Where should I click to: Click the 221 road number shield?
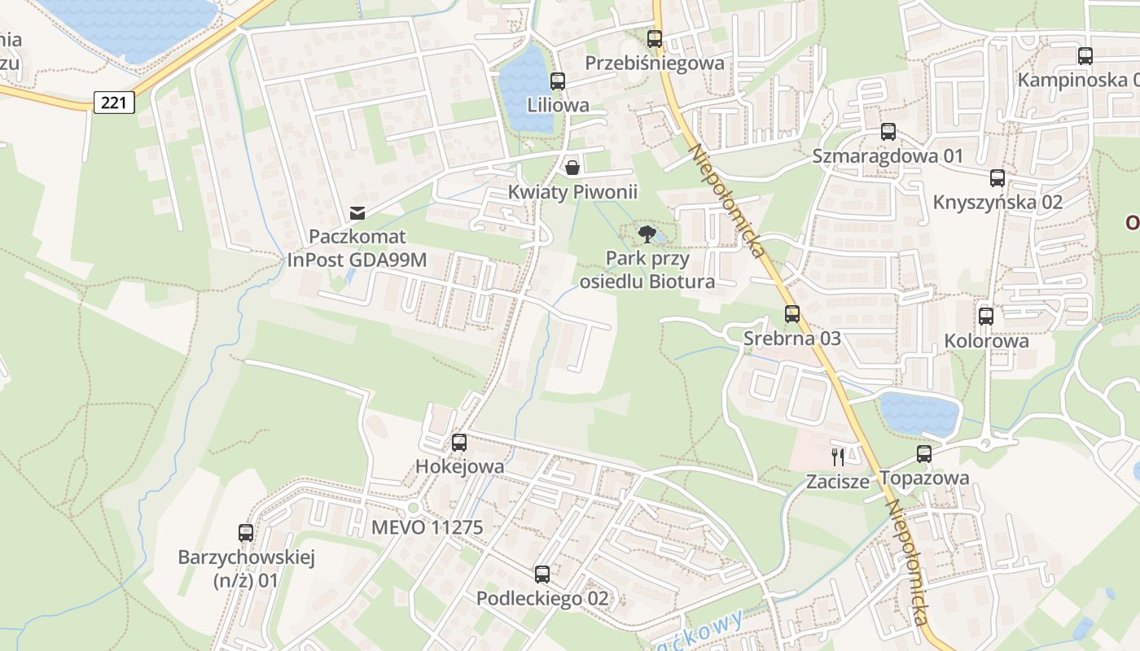[114, 103]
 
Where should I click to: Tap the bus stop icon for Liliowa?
[558, 81]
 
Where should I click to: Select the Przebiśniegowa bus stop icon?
[655, 39]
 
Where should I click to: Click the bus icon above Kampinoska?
[1085, 56]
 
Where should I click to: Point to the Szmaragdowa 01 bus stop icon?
[888, 132]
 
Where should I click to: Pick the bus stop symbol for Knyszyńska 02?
[997, 178]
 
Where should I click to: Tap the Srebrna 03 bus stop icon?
[792, 314]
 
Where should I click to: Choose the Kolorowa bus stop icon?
[986, 317]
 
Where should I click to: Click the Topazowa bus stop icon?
[924, 454]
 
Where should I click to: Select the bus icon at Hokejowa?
[459, 443]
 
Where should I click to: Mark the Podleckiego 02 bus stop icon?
[542, 575]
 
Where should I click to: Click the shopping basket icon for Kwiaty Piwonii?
[572, 168]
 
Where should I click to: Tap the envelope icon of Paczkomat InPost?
[357, 213]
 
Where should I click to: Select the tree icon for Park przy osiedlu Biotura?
[647, 235]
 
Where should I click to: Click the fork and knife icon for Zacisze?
[838, 457]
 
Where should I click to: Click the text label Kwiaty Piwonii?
[572, 192]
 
